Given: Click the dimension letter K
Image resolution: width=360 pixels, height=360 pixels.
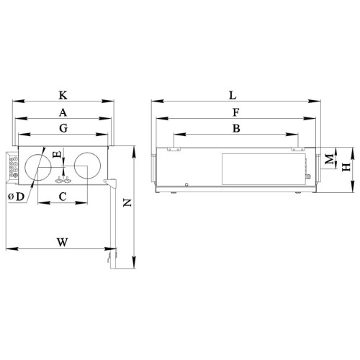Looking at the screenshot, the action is [63, 95].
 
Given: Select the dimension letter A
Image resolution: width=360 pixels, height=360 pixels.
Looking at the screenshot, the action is [63, 112].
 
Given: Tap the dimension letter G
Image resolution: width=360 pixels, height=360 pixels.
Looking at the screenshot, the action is [63, 128].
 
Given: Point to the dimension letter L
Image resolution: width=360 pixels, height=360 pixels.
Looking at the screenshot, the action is [233, 95].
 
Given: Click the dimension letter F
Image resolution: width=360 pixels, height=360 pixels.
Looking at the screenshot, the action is [236, 112].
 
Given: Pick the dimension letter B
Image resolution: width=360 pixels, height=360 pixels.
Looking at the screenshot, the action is [236, 128].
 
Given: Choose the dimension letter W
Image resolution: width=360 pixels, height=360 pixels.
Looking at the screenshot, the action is [63, 242].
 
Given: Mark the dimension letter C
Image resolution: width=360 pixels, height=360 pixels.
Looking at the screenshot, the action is [63, 197].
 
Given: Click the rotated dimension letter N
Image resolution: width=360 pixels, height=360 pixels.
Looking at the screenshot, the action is [127, 203].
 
